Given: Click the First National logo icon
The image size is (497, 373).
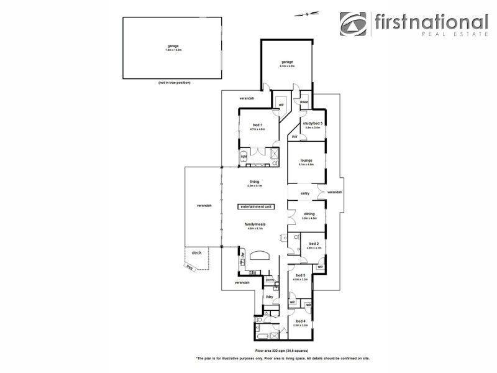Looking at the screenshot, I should (x=353, y=24).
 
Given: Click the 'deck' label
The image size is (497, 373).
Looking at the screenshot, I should (x=196, y=252).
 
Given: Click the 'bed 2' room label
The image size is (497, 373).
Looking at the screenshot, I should (x=313, y=243).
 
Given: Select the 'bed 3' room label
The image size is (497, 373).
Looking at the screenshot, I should (x=300, y=275).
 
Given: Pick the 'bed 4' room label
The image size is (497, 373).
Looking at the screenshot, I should (x=300, y=321).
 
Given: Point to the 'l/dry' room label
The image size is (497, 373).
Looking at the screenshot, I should (x=270, y=297).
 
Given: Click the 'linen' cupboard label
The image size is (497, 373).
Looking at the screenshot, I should (x=304, y=102).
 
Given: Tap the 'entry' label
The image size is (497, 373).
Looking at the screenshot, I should (x=305, y=193).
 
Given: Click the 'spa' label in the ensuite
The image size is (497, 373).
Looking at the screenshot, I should (x=244, y=156).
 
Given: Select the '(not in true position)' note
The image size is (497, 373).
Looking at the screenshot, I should (x=174, y=83).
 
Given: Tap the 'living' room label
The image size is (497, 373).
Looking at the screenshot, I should (x=255, y=181).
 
